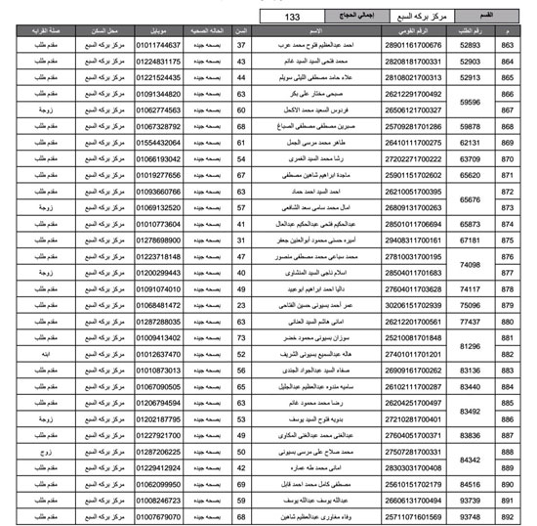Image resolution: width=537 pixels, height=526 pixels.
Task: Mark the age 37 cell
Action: (x=241, y=45)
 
